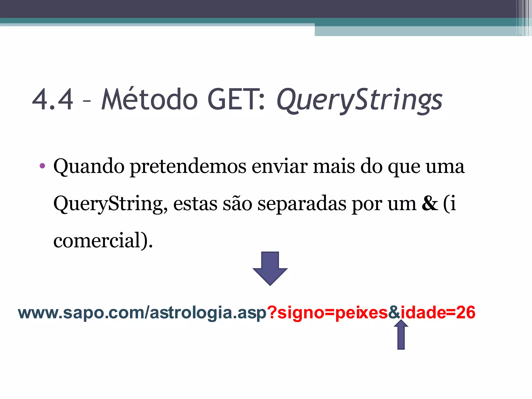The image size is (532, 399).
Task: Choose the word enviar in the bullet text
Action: point(280,166)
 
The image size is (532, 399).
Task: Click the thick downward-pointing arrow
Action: point(270,268)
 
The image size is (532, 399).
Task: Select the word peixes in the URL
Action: point(361,312)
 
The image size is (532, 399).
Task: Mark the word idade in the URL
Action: point(423,312)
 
